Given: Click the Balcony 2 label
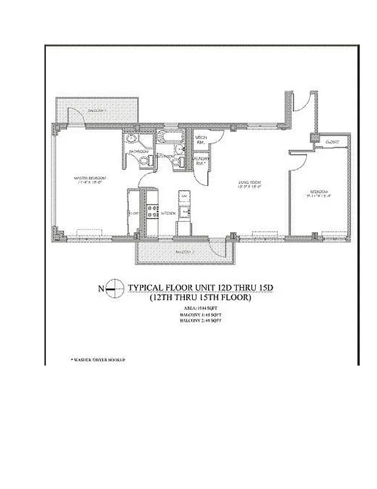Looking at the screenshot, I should click(181, 252).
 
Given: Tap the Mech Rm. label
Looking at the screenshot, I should click(202, 141).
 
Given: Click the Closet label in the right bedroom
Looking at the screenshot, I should click(332, 142).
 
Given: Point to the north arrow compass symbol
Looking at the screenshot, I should click(112, 289).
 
